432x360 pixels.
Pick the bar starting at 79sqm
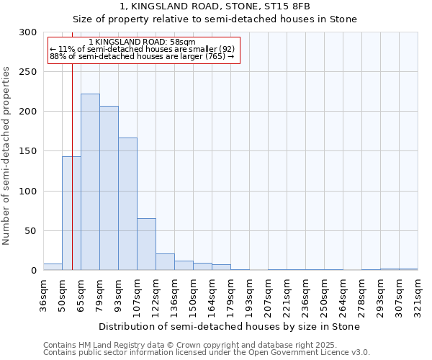click(x=109, y=188)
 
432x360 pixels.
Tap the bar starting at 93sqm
click(x=127, y=204)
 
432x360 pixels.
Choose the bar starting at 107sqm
click(x=146, y=244)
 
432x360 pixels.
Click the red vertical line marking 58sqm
click(x=73, y=144)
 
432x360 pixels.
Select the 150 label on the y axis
click(x=28, y=151)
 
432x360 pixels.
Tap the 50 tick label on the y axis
click(x=30, y=231)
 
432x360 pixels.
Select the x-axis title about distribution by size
click(x=230, y=326)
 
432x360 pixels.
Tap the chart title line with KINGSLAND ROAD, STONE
click(x=215, y=6)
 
